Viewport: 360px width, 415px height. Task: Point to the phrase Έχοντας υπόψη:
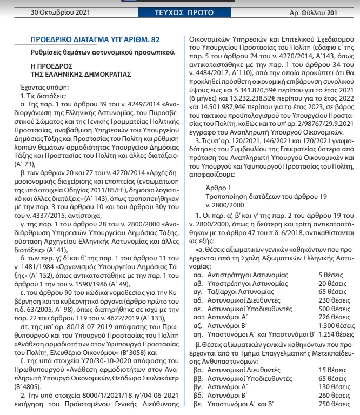[43, 86]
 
